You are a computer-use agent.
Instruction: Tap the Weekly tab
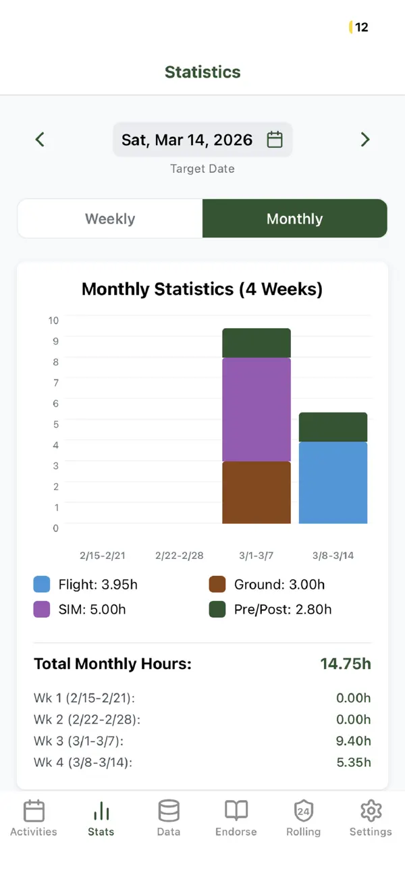[110, 219]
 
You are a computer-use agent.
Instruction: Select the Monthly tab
[295, 219]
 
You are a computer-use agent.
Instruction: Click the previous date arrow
[40, 139]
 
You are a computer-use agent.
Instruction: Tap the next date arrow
[364, 139]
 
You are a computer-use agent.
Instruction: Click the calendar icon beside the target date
[275, 139]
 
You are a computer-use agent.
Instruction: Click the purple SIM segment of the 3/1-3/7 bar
[256, 410]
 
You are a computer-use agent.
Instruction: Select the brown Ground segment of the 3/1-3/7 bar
[256, 493]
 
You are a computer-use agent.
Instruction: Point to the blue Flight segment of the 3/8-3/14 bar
[333, 483]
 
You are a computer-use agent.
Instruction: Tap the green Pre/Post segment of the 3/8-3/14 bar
[333, 427]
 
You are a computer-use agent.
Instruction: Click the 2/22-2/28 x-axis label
[180, 555]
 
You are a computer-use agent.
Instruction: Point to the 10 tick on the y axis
[53, 320]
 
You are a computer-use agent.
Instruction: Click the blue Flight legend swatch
[41, 584]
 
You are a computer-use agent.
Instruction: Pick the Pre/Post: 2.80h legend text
[283, 609]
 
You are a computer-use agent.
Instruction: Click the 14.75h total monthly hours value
[346, 664]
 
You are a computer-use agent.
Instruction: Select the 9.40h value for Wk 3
[353, 741]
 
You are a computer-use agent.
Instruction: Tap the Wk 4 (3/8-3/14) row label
[83, 762]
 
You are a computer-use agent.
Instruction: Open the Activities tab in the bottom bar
[34, 818]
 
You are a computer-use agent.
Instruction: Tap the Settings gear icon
[371, 810]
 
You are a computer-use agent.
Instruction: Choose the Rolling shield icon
[303, 810]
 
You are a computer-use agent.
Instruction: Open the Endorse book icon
[236, 810]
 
